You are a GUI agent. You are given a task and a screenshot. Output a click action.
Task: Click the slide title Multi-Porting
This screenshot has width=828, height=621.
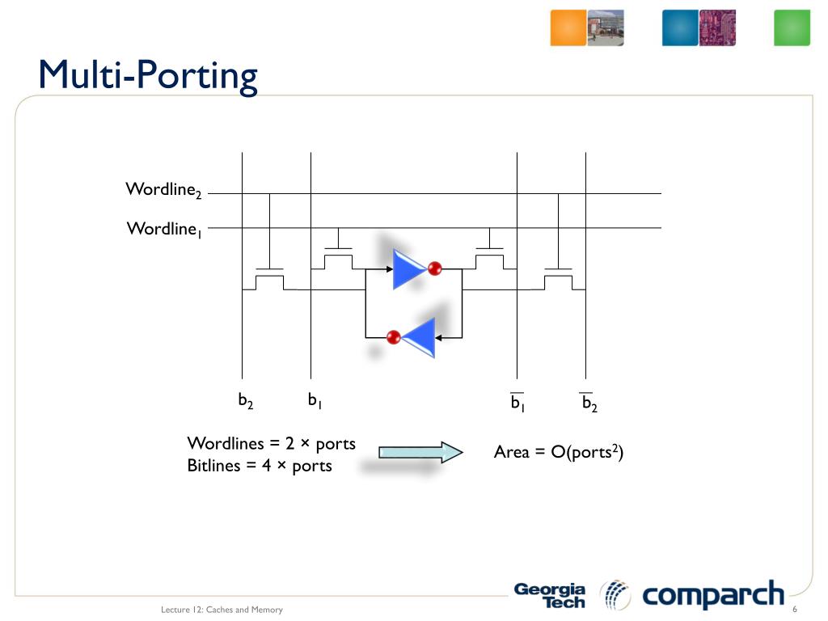148,75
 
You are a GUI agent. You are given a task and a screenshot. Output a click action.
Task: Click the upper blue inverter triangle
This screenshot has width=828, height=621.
407,268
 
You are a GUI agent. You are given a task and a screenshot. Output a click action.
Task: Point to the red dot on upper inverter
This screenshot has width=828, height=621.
435,268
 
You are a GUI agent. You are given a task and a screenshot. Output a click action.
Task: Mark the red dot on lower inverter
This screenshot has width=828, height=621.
394,336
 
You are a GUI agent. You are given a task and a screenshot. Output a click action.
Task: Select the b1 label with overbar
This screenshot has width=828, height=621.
517,402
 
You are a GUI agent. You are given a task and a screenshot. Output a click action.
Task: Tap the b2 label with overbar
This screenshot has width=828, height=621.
589,402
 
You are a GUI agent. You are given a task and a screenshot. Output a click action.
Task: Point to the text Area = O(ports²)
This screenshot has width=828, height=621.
559,452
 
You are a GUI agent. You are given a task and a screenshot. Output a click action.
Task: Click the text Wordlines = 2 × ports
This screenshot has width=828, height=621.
271,443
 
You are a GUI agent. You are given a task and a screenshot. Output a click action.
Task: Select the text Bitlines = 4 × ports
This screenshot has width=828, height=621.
260,466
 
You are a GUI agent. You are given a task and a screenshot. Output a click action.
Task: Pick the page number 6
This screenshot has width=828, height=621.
795,609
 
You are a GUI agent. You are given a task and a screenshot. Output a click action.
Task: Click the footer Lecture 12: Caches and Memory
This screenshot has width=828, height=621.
222,610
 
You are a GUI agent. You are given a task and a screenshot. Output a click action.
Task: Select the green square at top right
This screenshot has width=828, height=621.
792,27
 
